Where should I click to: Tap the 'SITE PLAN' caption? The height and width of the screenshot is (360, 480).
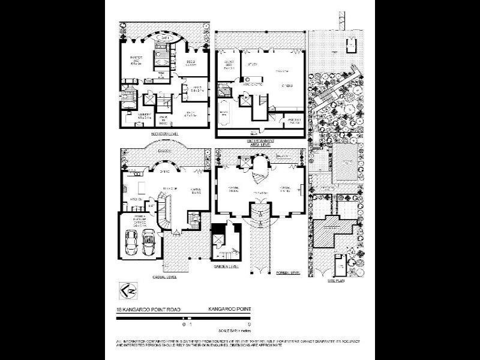pyautogui.click(x=335, y=280)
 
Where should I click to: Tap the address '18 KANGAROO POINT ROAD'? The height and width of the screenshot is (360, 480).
pyautogui.click(x=143, y=310)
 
